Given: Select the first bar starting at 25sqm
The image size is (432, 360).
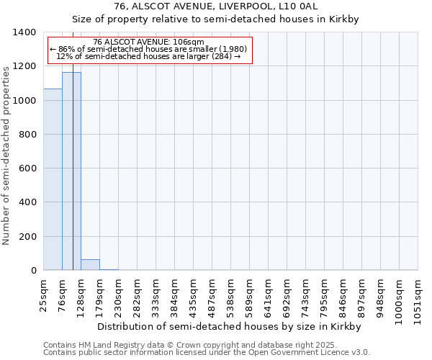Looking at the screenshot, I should (53, 179).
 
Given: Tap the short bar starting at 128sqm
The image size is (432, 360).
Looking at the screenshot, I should (90, 265).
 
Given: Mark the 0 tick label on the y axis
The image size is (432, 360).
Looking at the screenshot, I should (33, 271).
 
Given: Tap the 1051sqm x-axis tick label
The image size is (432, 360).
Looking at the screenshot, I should (418, 295).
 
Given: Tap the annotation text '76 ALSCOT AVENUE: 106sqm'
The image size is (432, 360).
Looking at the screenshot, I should (149, 42).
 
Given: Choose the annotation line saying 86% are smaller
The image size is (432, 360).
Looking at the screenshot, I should (148, 49).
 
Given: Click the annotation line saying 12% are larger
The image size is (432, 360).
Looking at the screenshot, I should (148, 56).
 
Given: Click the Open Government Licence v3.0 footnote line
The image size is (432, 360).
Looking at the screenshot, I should (207, 353).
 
